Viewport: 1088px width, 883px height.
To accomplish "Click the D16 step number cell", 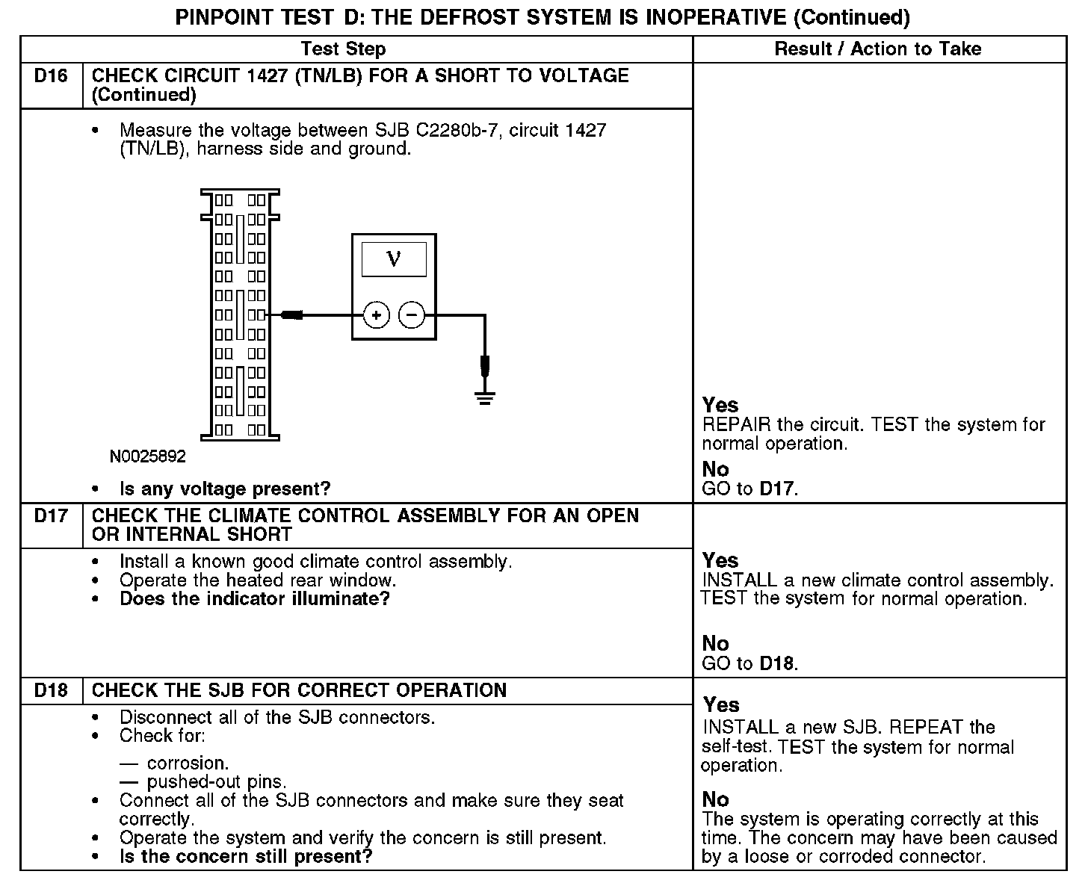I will (x=51, y=76).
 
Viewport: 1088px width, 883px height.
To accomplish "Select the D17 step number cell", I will (x=51, y=516).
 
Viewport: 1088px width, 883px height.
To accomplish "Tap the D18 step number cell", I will (x=51, y=690).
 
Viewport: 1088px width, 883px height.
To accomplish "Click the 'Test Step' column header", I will (x=343, y=49).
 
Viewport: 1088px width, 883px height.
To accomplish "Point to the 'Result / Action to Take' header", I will (x=877, y=49).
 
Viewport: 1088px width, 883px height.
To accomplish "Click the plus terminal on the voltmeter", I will (x=376, y=315).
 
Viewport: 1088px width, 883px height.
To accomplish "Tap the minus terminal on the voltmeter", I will (x=412, y=315).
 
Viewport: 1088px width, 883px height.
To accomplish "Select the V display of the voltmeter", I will (x=394, y=259).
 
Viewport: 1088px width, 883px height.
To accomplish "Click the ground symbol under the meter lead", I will (x=486, y=397).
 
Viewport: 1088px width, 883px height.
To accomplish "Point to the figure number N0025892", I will (x=148, y=456).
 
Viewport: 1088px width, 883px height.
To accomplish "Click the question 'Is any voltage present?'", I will (x=225, y=489).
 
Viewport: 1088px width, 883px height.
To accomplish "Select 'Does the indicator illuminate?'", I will (x=255, y=599).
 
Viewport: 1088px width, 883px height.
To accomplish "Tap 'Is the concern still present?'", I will (x=246, y=857).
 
